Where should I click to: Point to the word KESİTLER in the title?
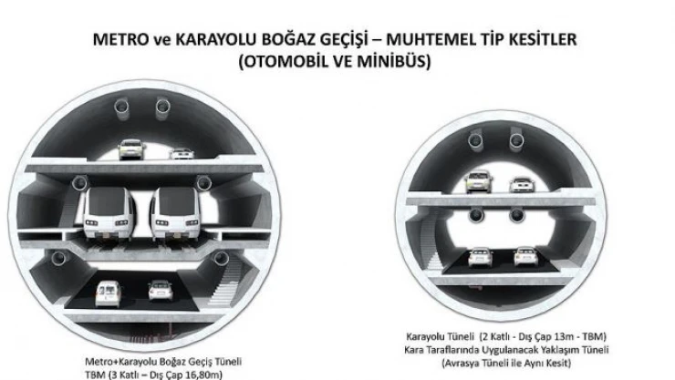tap(530, 41)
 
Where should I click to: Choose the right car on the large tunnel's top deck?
tap(181, 152)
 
